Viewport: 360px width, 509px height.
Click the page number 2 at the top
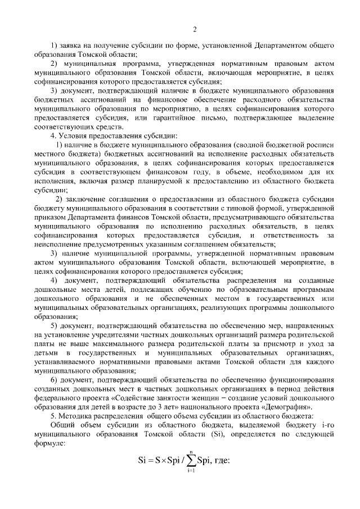pyautogui.click(x=195, y=29)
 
